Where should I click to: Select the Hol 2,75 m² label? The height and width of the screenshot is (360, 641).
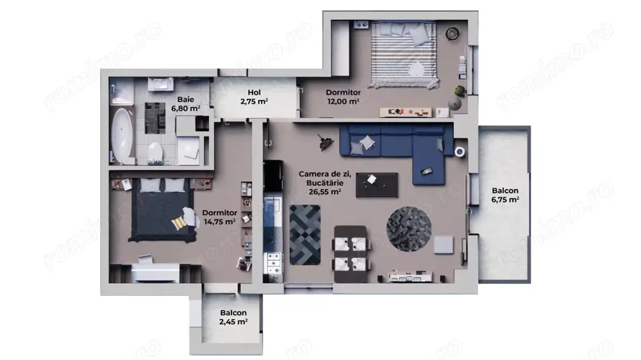tap(254, 97)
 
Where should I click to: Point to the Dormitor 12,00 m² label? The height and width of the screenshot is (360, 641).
tap(342, 96)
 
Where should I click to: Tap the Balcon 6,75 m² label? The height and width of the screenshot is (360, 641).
tap(505, 195)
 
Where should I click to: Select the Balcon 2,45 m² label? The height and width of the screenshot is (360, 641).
tap(233, 317)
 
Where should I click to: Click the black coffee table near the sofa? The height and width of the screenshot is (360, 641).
tap(376, 184)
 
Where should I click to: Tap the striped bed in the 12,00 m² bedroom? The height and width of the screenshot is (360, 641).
tap(404, 54)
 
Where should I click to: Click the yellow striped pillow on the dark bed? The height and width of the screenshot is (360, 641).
tap(179, 222)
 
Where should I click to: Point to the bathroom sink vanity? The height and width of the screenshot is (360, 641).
tap(160, 85)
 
